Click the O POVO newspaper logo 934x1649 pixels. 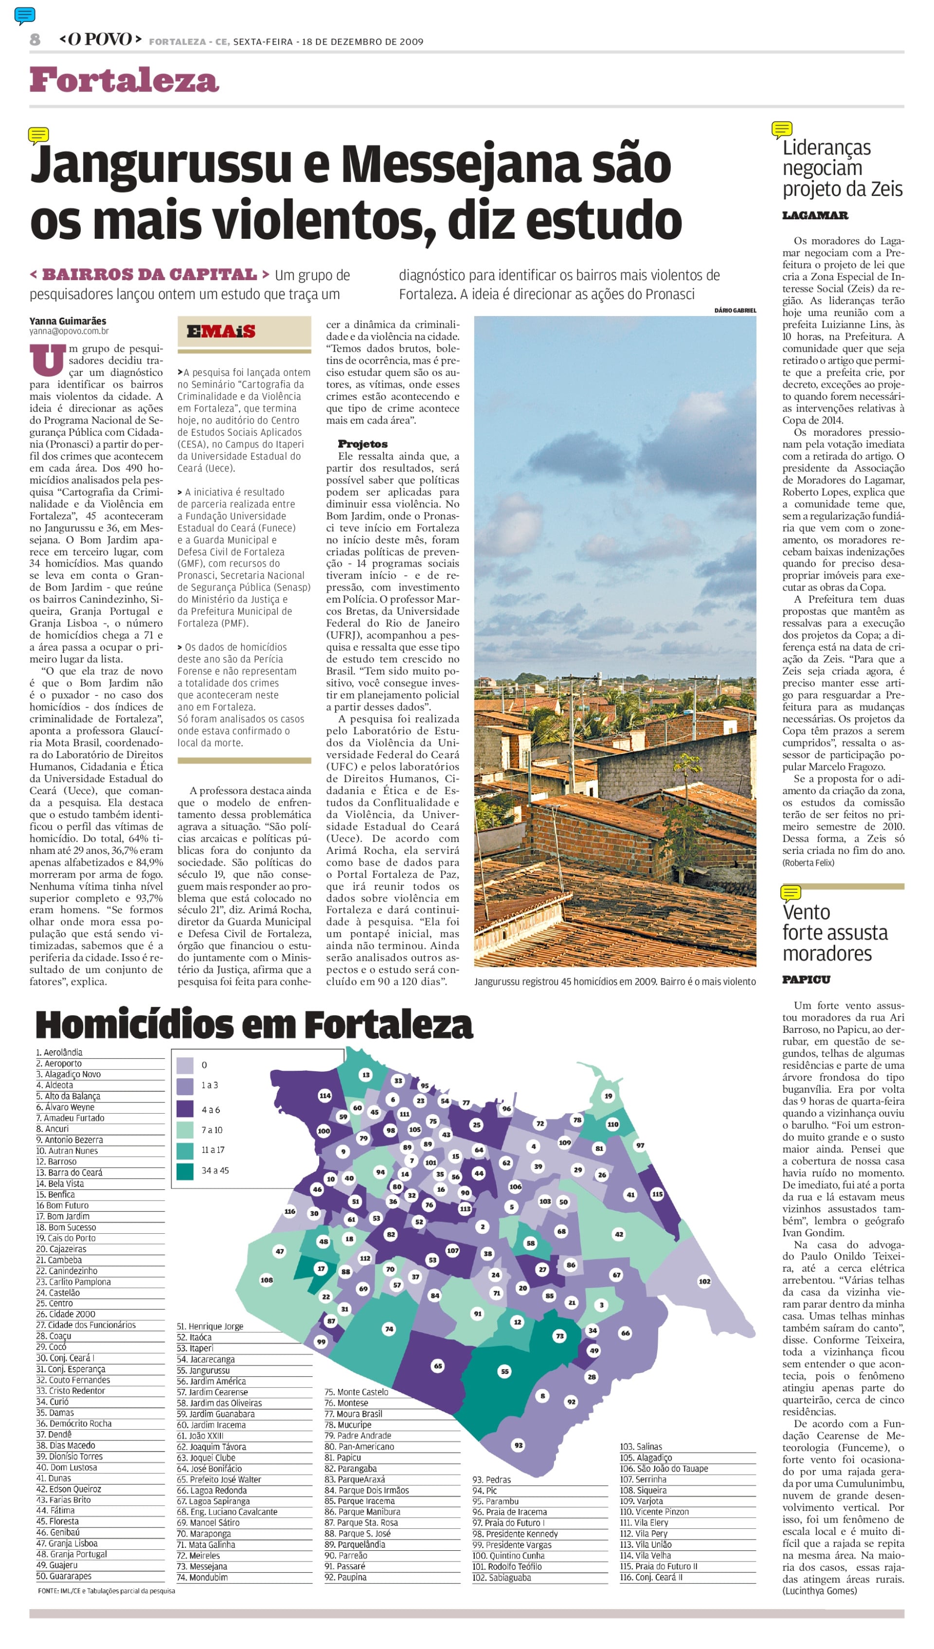tap(100, 40)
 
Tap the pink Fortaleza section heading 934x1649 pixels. tap(125, 81)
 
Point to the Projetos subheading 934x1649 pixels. tap(362, 443)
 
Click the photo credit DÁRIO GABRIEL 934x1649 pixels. tap(735, 310)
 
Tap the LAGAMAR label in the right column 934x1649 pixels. tap(815, 215)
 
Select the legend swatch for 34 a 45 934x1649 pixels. tap(185, 1170)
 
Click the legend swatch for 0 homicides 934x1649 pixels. tap(185, 1065)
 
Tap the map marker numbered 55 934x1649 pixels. tap(505, 1371)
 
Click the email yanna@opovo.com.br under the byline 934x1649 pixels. tap(69, 332)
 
